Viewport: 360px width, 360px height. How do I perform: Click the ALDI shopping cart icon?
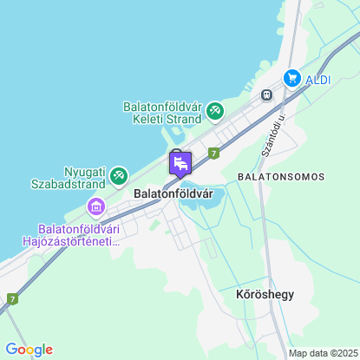click(292, 78)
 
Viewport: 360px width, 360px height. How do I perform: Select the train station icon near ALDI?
click(267, 94)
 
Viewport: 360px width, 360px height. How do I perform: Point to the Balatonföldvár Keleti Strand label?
click(163, 115)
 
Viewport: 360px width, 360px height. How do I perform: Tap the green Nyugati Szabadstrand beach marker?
click(117, 173)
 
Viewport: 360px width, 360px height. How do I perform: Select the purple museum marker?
click(95, 206)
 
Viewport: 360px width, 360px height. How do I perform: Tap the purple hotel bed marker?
click(180, 163)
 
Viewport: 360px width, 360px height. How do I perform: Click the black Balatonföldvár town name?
click(173, 194)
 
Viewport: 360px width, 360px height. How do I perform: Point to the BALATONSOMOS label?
click(280, 176)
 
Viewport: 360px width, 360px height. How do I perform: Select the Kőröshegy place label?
click(265, 294)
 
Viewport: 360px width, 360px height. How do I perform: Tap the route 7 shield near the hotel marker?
click(213, 151)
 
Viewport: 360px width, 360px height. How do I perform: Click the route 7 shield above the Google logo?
click(12, 299)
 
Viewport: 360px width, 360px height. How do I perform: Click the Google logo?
click(29, 349)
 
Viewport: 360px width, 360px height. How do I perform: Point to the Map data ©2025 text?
click(322, 353)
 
